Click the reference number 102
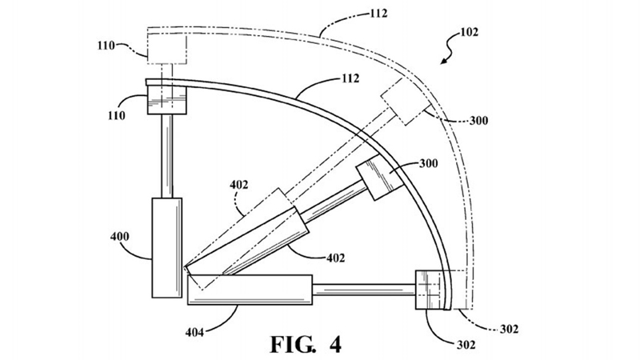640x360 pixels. tap(469, 32)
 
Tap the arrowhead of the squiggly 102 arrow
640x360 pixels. tap(442, 62)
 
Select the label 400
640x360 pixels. tap(119, 236)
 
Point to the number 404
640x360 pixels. tap(194, 332)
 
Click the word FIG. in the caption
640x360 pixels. tap(293, 344)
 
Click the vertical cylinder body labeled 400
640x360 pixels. tap(167, 247)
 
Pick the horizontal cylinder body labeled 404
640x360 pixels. tap(250, 290)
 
